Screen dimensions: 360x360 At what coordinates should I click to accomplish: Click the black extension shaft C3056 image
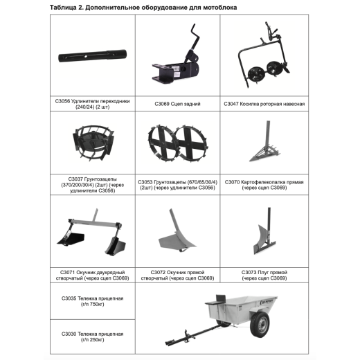click(92, 55)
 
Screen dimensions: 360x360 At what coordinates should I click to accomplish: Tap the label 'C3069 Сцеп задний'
click(177, 104)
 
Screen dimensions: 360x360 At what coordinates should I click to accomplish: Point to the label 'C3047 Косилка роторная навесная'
click(264, 104)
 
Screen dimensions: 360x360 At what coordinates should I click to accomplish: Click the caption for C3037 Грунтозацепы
click(92, 185)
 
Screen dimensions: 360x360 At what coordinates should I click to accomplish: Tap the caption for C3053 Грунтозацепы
click(177, 185)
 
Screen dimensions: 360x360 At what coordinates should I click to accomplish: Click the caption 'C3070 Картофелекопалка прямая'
click(264, 185)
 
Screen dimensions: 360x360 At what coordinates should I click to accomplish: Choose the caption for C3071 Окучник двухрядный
click(92, 275)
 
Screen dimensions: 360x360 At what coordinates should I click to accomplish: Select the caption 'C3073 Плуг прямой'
click(264, 275)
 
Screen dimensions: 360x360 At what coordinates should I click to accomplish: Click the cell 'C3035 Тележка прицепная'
click(92, 301)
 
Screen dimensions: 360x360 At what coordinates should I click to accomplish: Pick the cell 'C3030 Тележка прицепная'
click(92, 336)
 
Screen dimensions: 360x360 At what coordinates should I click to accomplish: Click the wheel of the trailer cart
click(260, 324)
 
